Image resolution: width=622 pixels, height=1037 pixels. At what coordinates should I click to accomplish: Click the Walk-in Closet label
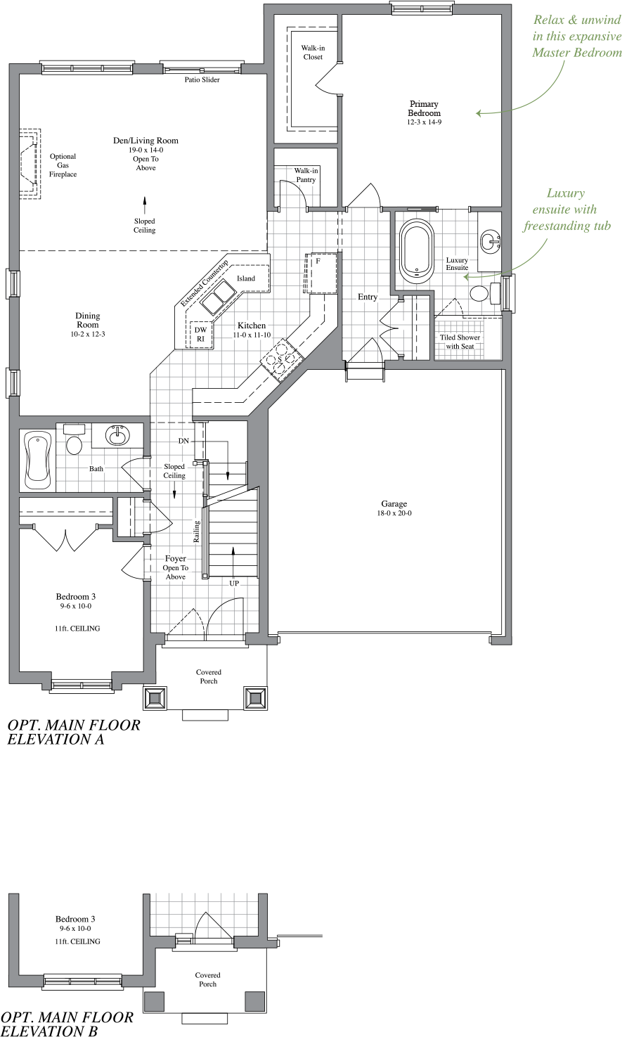pos(313,53)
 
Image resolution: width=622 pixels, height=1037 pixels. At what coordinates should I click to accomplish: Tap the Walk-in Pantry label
pos(305,175)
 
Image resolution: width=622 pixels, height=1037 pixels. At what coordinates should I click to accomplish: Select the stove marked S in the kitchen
pos(280,359)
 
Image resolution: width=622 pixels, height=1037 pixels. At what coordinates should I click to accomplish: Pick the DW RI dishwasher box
pos(200,334)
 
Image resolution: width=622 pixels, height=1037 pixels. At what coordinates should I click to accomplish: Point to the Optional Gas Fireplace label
pos(63,165)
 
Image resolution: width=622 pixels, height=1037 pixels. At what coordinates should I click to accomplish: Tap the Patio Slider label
pos(202,80)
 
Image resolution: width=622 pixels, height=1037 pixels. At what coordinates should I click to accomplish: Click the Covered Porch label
pos(209,676)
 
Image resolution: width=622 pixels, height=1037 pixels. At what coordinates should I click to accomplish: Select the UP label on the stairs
pos(234,583)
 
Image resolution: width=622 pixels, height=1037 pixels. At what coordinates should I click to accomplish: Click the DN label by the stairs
pos(183,441)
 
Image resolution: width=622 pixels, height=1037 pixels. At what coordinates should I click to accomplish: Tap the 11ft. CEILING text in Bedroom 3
pos(76,629)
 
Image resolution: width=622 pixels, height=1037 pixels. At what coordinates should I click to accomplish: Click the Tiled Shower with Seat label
pos(460,342)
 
